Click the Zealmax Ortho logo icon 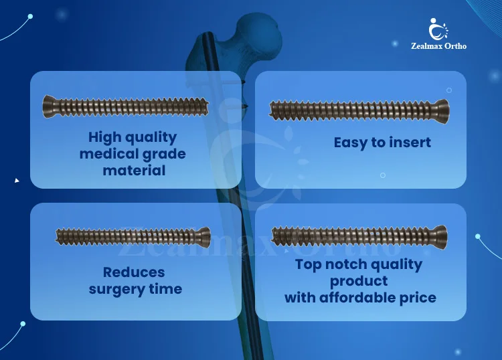pos(438,29)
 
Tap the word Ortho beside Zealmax pos(455,46)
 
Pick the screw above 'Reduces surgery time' pos(133,236)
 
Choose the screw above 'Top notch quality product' pos(360,236)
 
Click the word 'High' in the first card pos(105,137)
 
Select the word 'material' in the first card pos(134,171)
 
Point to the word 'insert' pos(411,142)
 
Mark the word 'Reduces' pos(134,272)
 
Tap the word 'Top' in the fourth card pos(309,264)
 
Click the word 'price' pos(418,297)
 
